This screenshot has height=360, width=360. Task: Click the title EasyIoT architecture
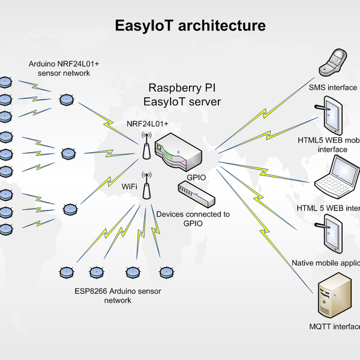[190, 26]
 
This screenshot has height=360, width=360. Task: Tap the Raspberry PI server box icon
[178, 151]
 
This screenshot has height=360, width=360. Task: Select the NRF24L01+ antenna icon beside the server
[146, 145]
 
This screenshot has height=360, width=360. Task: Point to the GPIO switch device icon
[195, 194]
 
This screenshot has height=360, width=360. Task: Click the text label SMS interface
[333, 88]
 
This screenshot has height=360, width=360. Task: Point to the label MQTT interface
[334, 327]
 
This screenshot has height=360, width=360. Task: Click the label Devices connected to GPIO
[193, 218]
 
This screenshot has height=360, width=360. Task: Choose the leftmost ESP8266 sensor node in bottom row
[66, 272]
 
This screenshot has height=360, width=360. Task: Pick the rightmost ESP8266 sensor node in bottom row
[165, 272]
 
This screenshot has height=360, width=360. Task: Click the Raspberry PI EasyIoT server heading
[182, 95]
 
